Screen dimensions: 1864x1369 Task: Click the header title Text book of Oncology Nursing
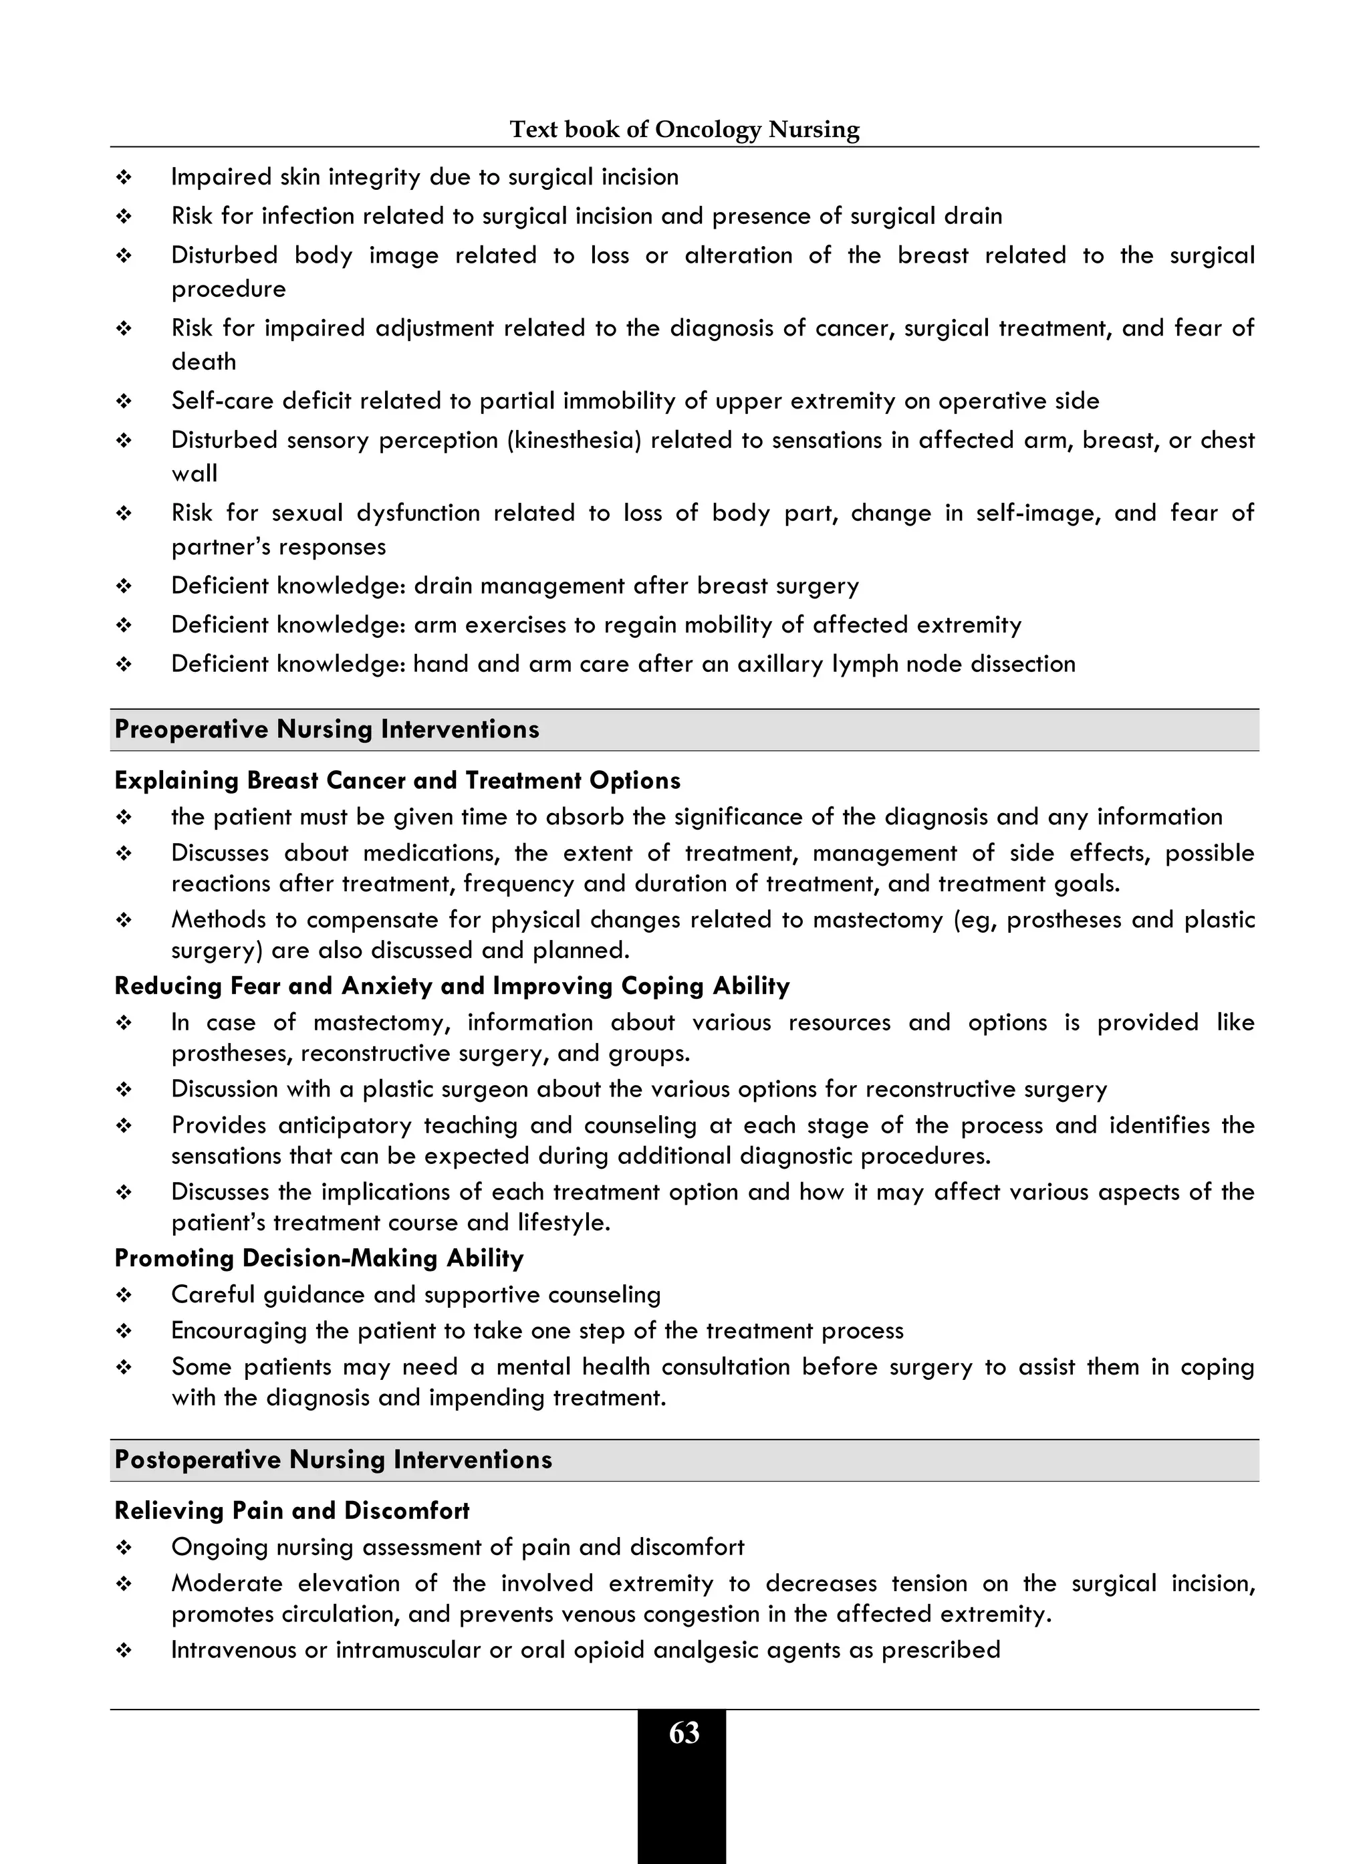pos(684,129)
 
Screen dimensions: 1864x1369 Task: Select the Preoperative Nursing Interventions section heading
pos(326,729)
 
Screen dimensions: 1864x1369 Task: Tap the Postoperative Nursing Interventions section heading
pos(333,1460)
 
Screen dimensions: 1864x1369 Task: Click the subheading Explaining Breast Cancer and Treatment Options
pos(397,781)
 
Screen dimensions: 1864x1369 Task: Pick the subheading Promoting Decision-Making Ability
pos(319,1258)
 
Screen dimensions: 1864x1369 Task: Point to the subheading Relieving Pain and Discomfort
pos(291,1511)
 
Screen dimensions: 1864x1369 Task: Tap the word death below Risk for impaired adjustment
pos(204,362)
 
